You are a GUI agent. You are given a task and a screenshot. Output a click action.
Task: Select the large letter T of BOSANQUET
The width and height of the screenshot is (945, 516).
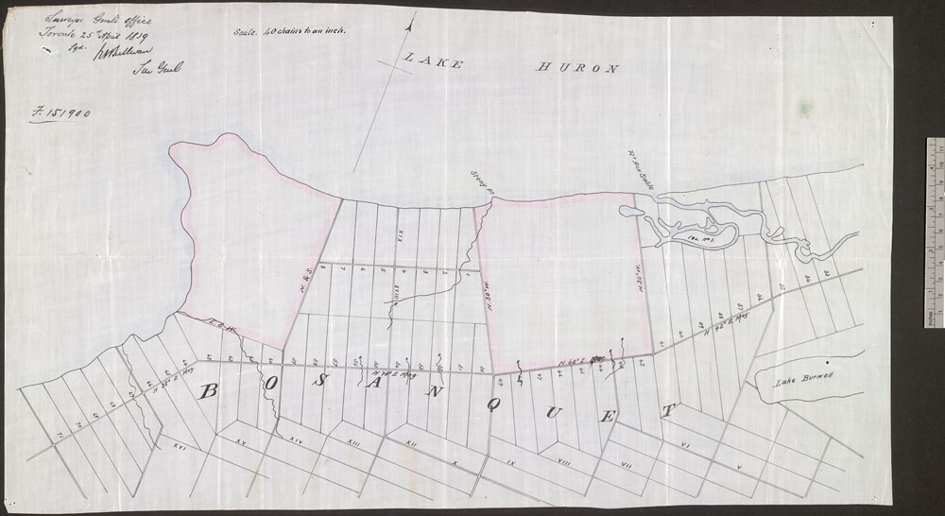pos(669,412)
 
